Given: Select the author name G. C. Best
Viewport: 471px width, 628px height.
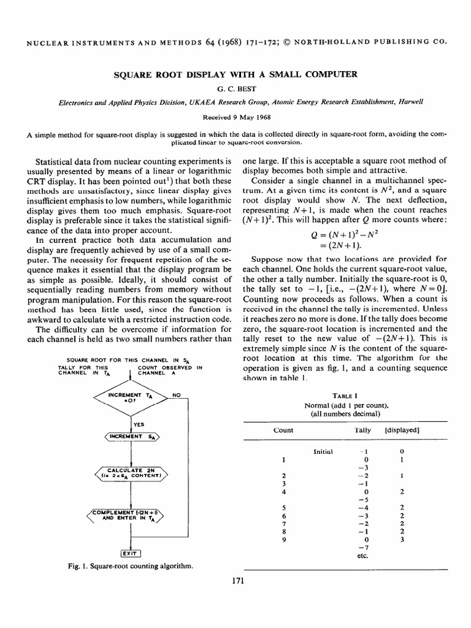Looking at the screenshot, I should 235,88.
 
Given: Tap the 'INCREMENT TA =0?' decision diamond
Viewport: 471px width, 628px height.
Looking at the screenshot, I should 131,399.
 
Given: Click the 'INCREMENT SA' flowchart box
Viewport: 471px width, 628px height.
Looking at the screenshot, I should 131,437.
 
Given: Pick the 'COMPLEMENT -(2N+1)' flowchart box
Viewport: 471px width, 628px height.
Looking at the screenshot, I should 131,513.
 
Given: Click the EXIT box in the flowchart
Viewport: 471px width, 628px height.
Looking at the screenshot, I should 131,551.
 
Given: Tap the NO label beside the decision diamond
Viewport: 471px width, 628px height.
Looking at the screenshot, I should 176,395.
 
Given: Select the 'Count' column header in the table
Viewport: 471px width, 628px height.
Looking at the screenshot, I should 283,430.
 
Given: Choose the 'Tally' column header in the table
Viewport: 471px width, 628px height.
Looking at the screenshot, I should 363,430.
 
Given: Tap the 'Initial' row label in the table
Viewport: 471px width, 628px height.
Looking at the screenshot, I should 323,451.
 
